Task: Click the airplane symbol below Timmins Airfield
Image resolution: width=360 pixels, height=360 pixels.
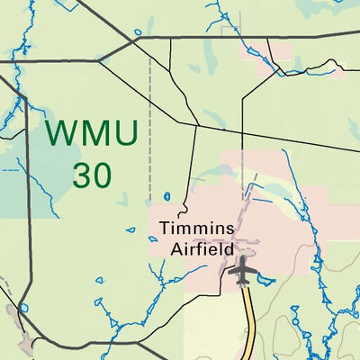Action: pyautogui.click(x=241, y=269)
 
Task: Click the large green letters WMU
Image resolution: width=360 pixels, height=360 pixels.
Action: pyautogui.click(x=92, y=134)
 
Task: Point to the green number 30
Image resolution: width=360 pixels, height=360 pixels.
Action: pyautogui.click(x=92, y=175)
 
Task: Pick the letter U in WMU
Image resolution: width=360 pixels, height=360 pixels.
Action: pyautogui.click(x=124, y=134)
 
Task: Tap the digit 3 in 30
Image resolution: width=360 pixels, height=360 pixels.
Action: pyautogui.click(x=81, y=175)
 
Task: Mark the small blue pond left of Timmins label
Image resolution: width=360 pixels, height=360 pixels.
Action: pyautogui.click(x=167, y=196)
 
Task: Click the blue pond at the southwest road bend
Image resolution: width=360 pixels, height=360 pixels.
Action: pyautogui.click(x=24, y=307)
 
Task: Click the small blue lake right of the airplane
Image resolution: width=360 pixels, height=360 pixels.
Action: pyautogui.click(x=265, y=279)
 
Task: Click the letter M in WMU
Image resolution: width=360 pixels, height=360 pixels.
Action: pyautogui.click(x=93, y=134)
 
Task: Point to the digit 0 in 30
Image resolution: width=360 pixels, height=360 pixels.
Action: pyautogui.click(x=103, y=175)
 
